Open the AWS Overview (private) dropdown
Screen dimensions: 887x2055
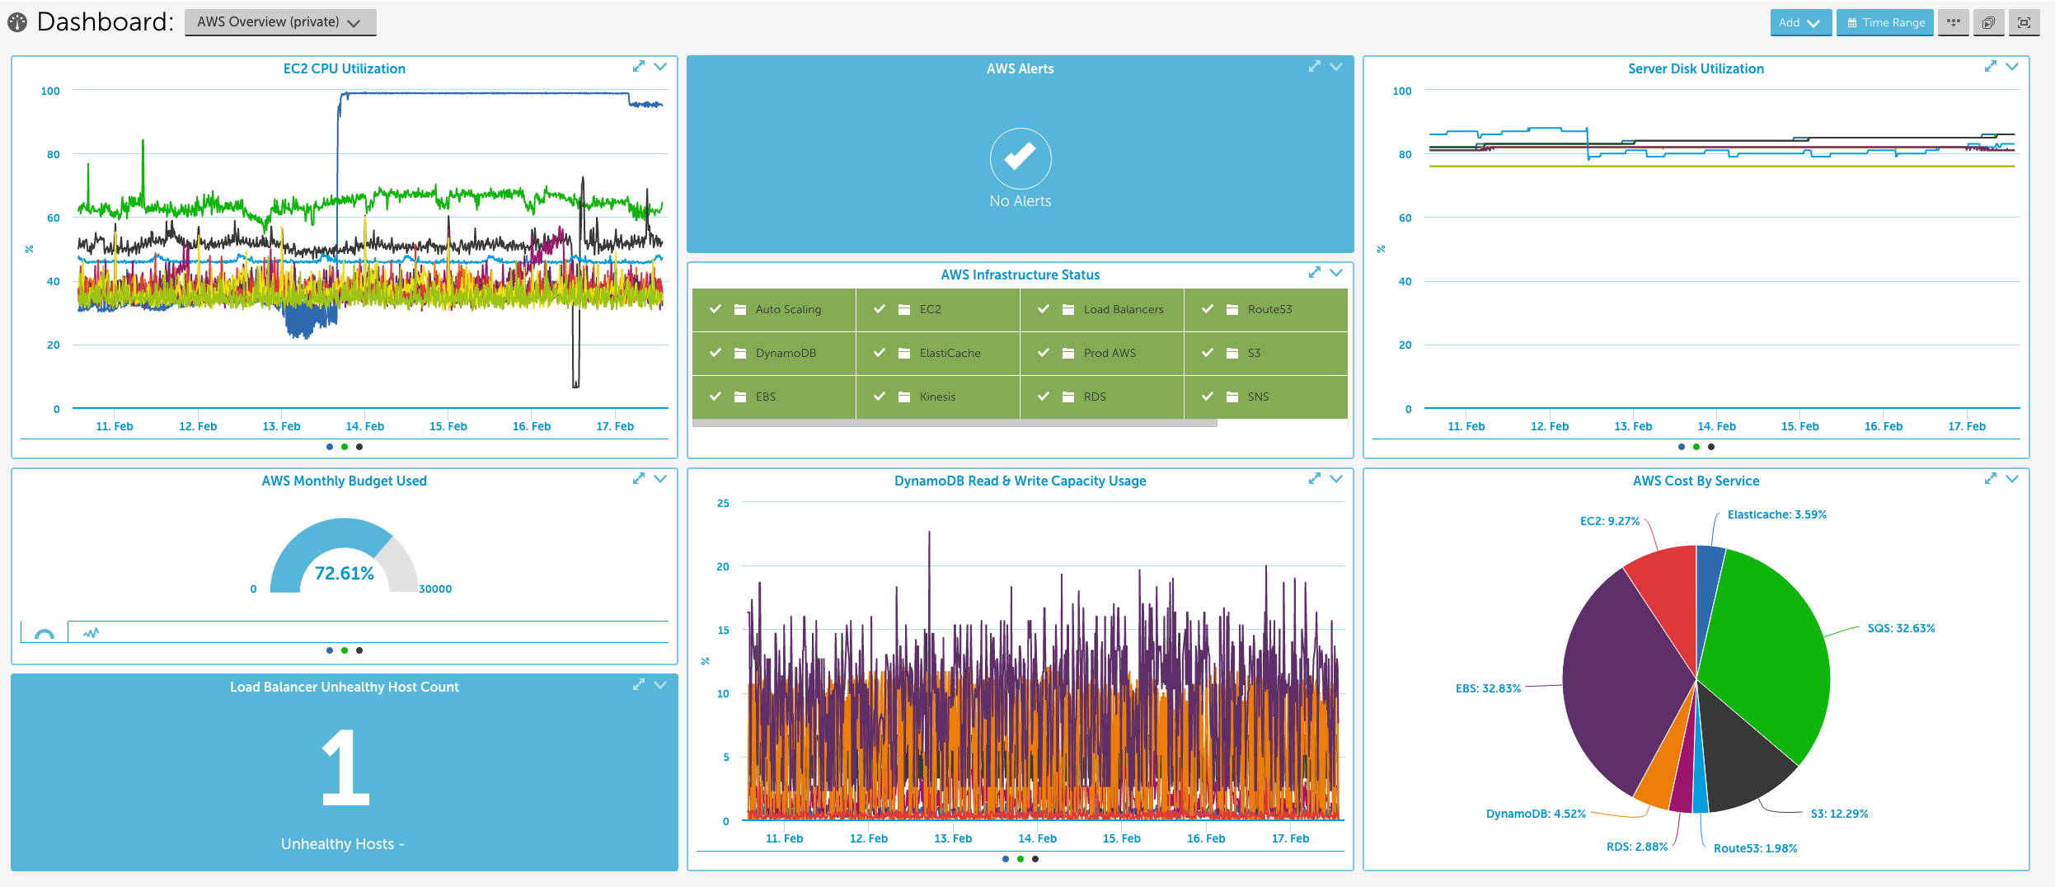point(279,22)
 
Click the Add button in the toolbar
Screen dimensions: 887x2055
point(1799,22)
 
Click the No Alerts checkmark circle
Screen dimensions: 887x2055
point(1020,157)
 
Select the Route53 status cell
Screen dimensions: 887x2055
point(1264,309)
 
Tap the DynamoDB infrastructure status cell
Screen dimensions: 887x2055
point(773,353)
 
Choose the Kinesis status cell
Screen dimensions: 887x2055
point(936,397)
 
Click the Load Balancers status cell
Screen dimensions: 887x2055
point(1101,309)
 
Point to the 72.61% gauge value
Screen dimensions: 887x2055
point(344,573)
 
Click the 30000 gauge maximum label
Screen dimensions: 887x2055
point(435,589)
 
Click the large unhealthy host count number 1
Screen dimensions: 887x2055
point(345,767)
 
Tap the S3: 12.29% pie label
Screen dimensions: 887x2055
point(1838,814)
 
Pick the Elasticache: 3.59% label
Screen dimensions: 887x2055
point(1776,514)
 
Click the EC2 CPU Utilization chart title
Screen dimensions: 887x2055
point(344,68)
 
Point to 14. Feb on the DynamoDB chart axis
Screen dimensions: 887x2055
point(1037,838)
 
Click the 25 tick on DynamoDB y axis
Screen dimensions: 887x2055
point(723,503)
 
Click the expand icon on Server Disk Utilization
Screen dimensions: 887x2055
point(1990,66)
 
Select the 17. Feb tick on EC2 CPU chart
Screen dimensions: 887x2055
point(615,426)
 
